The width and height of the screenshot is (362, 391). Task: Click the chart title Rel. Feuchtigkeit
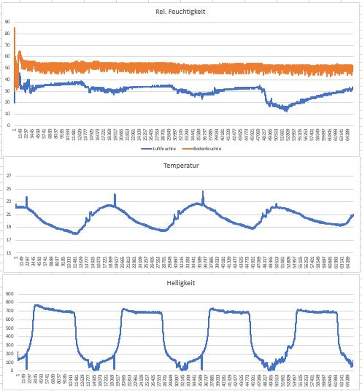coord(180,12)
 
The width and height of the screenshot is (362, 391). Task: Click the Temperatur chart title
coord(181,166)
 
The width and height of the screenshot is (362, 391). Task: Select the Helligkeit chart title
coord(181,283)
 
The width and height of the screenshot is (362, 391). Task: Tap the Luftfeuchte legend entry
coord(159,149)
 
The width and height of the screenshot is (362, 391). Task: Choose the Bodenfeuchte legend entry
coord(202,149)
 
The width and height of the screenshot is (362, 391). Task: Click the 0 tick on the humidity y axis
coord(8,125)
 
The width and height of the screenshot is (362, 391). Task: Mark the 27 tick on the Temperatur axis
coord(9,176)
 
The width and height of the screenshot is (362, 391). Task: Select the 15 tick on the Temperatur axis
coord(9,253)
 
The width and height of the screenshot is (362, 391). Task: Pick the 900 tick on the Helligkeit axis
coord(9,294)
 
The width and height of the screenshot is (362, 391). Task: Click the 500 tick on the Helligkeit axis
coord(9,328)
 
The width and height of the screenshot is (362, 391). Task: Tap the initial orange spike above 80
coord(15,28)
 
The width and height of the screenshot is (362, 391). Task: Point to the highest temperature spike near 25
coord(203,192)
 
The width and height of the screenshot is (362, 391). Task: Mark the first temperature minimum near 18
coord(76,233)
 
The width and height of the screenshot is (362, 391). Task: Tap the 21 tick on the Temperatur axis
coord(9,214)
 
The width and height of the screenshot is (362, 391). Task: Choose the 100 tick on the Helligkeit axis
coord(9,362)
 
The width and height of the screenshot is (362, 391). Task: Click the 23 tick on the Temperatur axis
coord(9,201)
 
